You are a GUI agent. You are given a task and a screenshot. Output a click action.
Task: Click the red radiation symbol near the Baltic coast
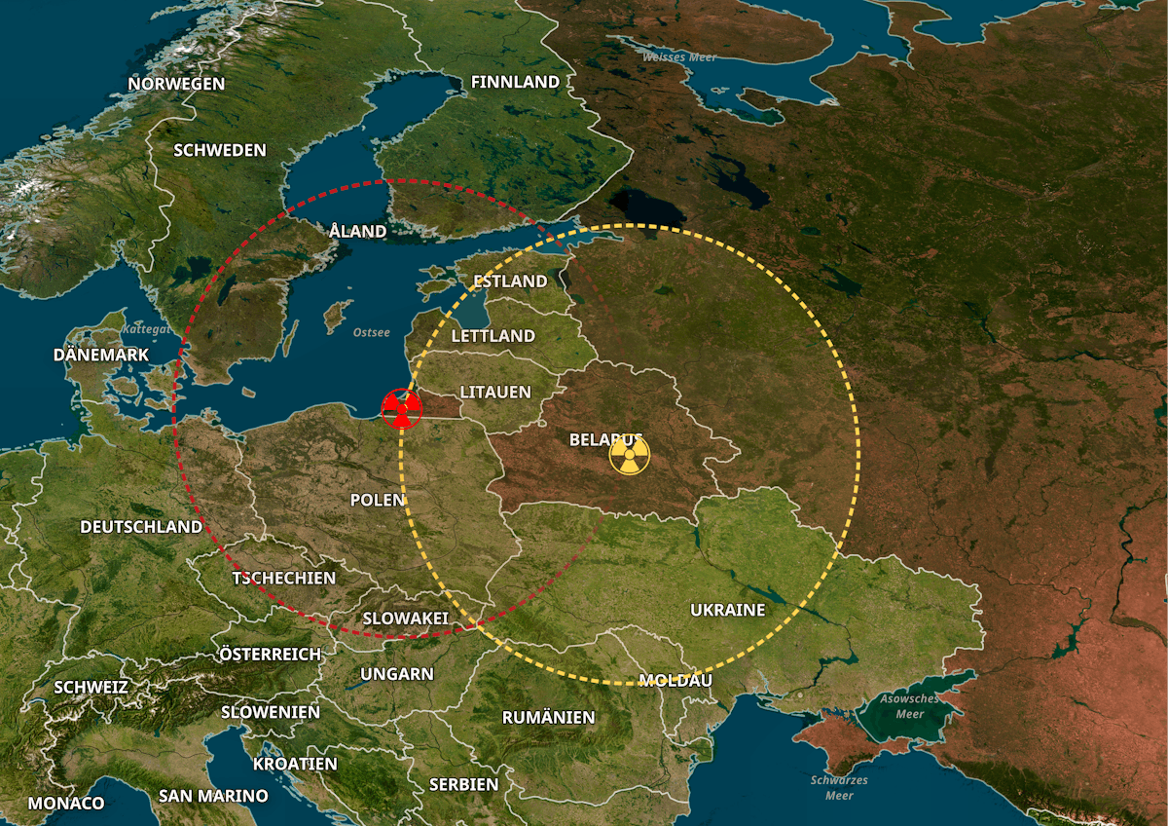pyautogui.click(x=401, y=408)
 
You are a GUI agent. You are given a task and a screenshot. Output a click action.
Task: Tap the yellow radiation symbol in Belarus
pyautogui.click(x=629, y=455)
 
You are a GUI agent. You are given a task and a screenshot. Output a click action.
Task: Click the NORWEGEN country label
pyautogui.click(x=176, y=84)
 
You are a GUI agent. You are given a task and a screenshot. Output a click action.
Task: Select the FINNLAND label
pyautogui.click(x=515, y=82)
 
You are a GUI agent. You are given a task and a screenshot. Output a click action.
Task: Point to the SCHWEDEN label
pyautogui.click(x=220, y=150)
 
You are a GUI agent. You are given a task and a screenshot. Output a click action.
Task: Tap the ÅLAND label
pyautogui.click(x=357, y=231)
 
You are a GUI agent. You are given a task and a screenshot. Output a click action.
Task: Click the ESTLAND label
pyautogui.click(x=510, y=282)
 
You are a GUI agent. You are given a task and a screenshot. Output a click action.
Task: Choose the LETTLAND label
pyautogui.click(x=493, y=336)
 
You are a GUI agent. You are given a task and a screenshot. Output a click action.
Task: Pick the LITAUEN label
pyautogui.click(x=495, y=393)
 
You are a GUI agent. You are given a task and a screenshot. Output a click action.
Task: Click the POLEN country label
pyautogui.click(x=377, y=500)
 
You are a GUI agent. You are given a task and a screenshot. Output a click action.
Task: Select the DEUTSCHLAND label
pyautogui.click(x=141, y=527)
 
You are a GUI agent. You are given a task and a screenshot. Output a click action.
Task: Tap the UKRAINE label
pyautogui.click(x=728, y=611)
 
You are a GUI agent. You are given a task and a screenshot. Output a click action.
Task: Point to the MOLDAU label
pyautogui.click(x=675, y=680)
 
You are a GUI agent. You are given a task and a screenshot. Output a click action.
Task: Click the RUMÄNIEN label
pyautogui.click(x=548, y=718)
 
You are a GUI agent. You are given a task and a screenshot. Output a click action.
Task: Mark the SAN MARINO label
pyautogui.click(x=213, y=796)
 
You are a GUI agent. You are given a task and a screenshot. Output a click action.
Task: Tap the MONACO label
pyautogui.click(x=66, y=804)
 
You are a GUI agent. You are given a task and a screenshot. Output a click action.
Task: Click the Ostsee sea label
pyautogui.click(x=372, y=333)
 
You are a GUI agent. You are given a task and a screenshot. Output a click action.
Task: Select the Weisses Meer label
pyautogui.click(x=679, y=57)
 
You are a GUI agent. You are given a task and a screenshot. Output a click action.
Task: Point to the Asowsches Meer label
pyautogui.click(x=909, y=706)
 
